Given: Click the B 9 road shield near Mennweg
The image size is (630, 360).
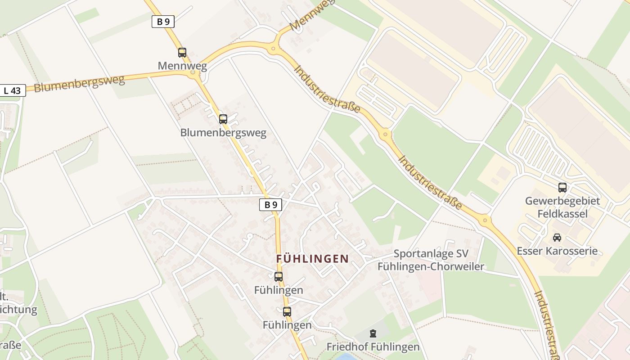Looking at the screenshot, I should (x=163, y=22).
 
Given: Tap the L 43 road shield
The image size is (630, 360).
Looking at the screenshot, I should (x=12, y=90).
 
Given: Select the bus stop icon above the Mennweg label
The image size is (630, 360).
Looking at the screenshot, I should (x=182, y=53).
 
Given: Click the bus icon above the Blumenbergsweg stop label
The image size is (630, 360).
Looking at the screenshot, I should (x=223, y=119).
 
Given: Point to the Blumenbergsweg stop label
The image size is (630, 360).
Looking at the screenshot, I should (x=223, y=133).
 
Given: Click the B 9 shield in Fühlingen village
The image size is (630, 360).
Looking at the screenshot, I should (x=270, y=205).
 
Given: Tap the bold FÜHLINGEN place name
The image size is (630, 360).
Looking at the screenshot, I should (x=312, y=259).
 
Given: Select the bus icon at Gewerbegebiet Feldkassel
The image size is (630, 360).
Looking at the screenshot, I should (x=562, y=188).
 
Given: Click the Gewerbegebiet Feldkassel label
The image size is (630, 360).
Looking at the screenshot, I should (x=562, y=207).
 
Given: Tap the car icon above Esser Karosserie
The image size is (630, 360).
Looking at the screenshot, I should (x=557, y=237).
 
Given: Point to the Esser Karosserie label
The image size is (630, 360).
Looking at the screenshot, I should (x=557, y=251).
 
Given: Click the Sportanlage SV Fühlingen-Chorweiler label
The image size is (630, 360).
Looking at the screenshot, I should (x=431, y=260).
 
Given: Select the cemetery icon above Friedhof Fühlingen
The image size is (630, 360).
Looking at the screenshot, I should (x=373, y=333).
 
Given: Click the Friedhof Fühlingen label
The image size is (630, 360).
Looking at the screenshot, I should (x=373, y=347).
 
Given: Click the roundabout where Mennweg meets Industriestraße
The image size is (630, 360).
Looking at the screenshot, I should (x=273, y=48).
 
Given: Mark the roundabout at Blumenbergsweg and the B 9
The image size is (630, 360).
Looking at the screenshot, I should (x=193, y=72).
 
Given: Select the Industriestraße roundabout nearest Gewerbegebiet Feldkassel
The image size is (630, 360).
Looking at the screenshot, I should (x=484, y=220).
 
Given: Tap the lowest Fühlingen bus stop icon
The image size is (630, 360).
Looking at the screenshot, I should (x=287, y=311).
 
